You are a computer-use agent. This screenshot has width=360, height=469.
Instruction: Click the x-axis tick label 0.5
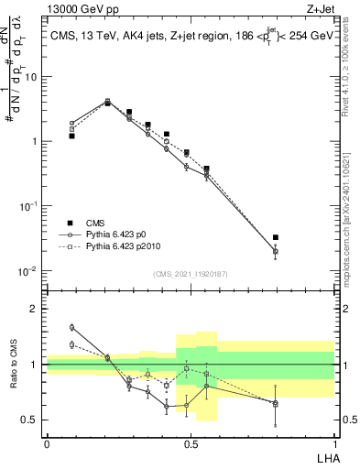(x=191, y=442)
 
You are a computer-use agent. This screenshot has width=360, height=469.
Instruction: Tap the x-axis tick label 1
(x=333, y=442)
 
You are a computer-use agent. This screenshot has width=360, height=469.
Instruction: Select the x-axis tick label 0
(x=47, y=442)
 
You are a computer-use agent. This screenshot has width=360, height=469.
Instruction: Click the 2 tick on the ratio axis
(x=36, y=309)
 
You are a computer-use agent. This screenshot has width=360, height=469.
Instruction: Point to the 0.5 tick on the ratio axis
(x=31, y=420)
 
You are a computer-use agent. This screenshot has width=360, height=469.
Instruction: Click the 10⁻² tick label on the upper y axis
(x=30, y=271)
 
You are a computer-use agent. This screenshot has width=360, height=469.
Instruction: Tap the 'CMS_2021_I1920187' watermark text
(x=190, y=274)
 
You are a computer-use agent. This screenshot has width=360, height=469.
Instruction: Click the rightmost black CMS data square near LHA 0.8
(x=276, y=237)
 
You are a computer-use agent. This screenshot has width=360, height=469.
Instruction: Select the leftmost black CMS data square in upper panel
(x=71, y=136)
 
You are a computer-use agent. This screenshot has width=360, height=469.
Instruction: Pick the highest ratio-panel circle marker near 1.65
(x=71, y=327)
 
